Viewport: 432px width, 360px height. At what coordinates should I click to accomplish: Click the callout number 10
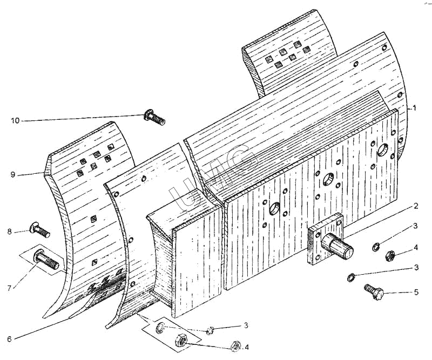15,121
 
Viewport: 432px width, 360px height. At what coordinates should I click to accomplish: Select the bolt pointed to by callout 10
154,117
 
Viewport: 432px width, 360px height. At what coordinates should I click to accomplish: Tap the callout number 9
13,175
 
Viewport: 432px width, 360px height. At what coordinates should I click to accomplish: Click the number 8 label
10,232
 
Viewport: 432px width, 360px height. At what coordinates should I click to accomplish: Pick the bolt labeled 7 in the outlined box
46,259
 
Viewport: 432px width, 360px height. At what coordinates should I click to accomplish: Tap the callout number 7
10,288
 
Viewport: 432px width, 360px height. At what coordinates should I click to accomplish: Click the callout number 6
9,338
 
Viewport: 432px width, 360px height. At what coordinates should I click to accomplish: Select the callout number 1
414,108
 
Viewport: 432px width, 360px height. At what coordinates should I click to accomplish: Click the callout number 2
415,206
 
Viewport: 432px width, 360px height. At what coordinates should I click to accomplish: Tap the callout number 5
415,292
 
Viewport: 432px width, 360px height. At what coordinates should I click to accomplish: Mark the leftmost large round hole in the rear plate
275,208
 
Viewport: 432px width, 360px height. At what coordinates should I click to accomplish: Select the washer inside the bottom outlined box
159,328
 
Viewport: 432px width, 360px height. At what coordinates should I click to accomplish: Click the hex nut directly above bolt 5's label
390,255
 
